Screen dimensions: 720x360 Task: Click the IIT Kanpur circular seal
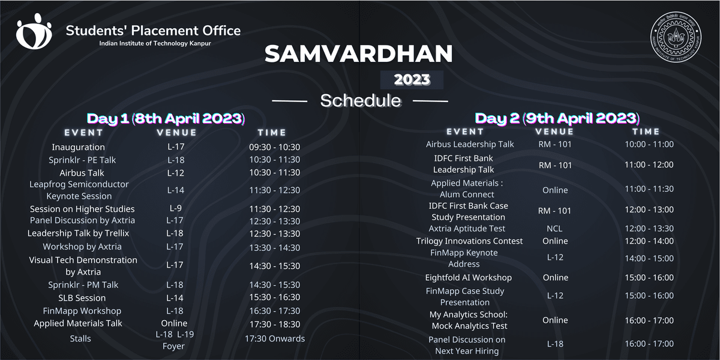(676, 37)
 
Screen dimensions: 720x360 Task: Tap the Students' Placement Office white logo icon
(34, 31)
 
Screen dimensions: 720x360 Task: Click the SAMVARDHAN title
(359, 53)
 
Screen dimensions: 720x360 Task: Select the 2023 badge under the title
(412, 80)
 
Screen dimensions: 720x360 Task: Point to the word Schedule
(361, 101)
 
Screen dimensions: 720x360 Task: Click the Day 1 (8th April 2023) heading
(166, 118)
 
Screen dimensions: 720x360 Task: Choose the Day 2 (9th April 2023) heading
(557, 118)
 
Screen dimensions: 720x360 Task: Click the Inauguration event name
(79, 147)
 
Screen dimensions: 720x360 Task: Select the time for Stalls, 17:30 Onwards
(275, 338)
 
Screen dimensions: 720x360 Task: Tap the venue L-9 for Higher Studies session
(175, 208)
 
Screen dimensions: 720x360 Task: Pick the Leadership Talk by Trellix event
(78, 233)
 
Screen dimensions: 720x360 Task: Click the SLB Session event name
(82, 298)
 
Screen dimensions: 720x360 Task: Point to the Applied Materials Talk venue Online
(174, 323)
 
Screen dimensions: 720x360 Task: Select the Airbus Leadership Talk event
(470, 145)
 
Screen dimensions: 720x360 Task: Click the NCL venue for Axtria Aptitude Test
(554, 229)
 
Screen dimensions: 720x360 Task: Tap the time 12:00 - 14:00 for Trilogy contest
(649, 241)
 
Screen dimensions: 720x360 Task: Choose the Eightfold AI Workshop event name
(469, 278)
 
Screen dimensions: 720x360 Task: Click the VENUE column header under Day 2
(554, 132)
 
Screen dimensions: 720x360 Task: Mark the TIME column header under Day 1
(272, 133)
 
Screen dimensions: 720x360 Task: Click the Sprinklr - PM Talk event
(83, 285)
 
